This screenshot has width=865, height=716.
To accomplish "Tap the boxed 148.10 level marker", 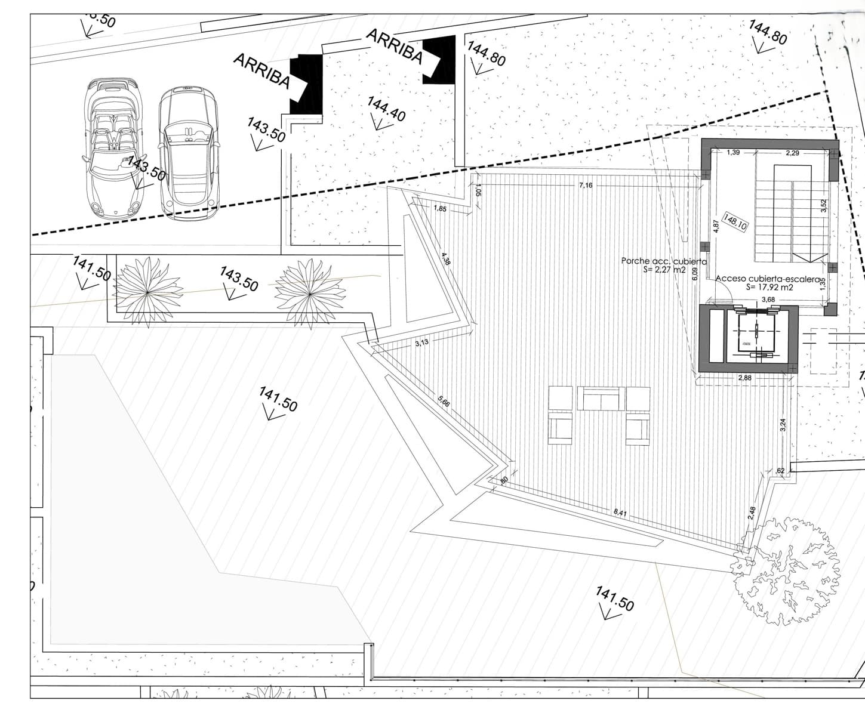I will (x=735, y=221).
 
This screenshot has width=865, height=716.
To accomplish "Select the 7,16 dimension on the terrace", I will (x=586, y=186).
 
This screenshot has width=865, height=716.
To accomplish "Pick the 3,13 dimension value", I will (x=421, y=342).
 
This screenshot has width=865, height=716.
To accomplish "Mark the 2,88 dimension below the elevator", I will (x=744, y=378).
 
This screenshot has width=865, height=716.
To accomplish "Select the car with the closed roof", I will (x=187, y=152).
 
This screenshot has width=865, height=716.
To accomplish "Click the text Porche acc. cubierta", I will (x=664, y=261).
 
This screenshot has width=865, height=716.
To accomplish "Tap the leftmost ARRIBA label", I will (x=261, y=71).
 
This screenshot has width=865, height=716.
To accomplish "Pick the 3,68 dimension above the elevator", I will (x=767, y=300).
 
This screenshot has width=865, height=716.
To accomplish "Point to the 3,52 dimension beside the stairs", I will (x=824, y=206).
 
